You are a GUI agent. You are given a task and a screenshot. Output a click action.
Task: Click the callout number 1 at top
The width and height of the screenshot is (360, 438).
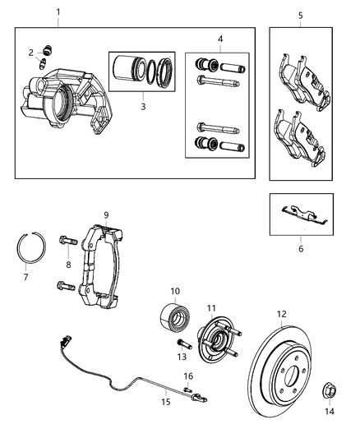tap(58, 12)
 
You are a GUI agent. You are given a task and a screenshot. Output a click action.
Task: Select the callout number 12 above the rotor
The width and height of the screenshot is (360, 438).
tap(281, 313)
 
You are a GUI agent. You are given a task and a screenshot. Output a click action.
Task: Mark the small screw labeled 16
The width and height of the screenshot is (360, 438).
tap(187, 388)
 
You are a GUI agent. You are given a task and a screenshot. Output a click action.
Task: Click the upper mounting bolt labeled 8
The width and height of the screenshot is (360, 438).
tap(67, 242)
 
